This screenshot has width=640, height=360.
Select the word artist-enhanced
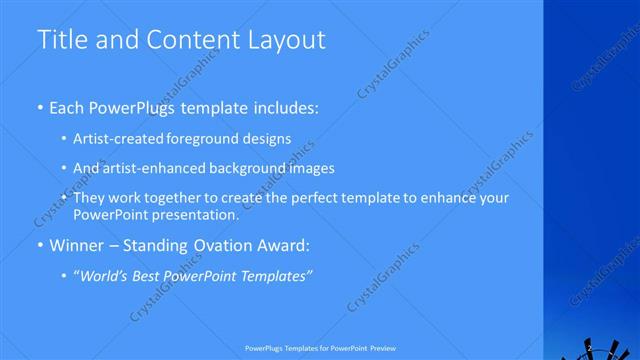(x=153, y=168)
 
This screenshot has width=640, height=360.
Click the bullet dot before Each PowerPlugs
(x=39, y=107)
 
